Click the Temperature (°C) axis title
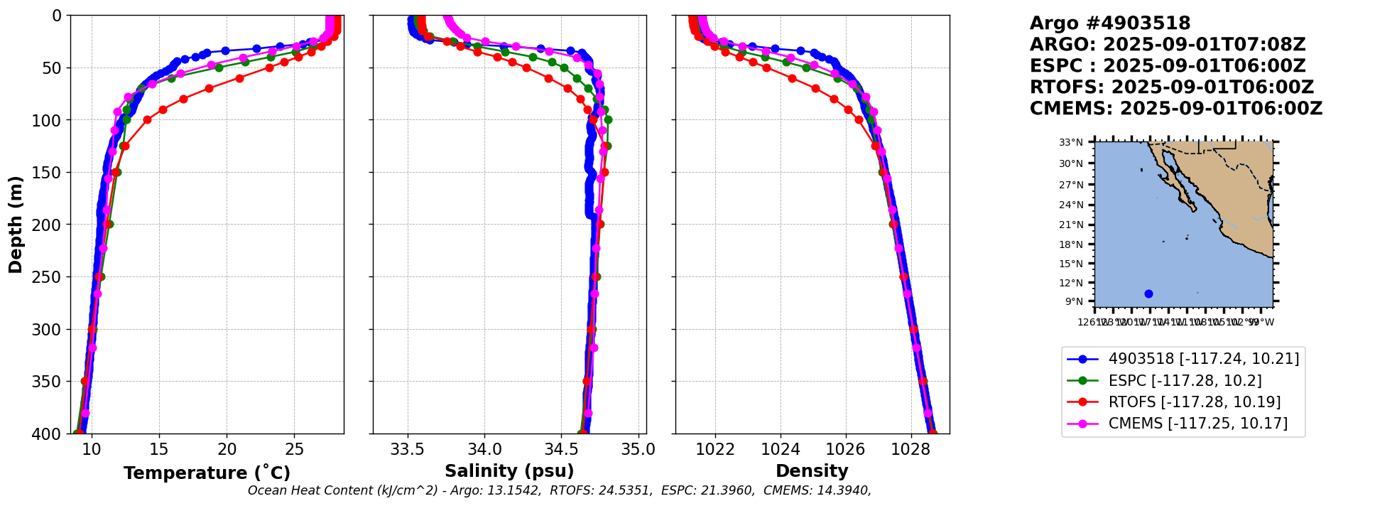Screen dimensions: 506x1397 (207, 473)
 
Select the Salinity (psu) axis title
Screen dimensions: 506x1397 (509, 471)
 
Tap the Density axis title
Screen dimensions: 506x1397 (812, 471)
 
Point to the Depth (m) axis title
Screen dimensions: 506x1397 (16, 224)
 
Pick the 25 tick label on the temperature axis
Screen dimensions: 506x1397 (294, 450)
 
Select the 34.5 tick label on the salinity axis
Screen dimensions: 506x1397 (561, 450)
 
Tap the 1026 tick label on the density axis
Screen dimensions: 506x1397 (845, 450)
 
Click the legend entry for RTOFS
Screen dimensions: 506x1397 (1194, 402)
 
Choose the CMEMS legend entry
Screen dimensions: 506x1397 (1197, 424)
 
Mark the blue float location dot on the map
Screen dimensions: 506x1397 (1148, 294)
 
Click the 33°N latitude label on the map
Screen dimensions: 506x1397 (1071, 143)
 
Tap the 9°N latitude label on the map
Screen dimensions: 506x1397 (1074, 302)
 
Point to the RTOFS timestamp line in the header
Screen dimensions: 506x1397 (1172, 87)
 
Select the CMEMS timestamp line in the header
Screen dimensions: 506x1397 (1176, 109)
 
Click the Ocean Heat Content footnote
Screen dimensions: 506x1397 (559, 490)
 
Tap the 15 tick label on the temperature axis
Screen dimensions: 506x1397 (158, 450)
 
